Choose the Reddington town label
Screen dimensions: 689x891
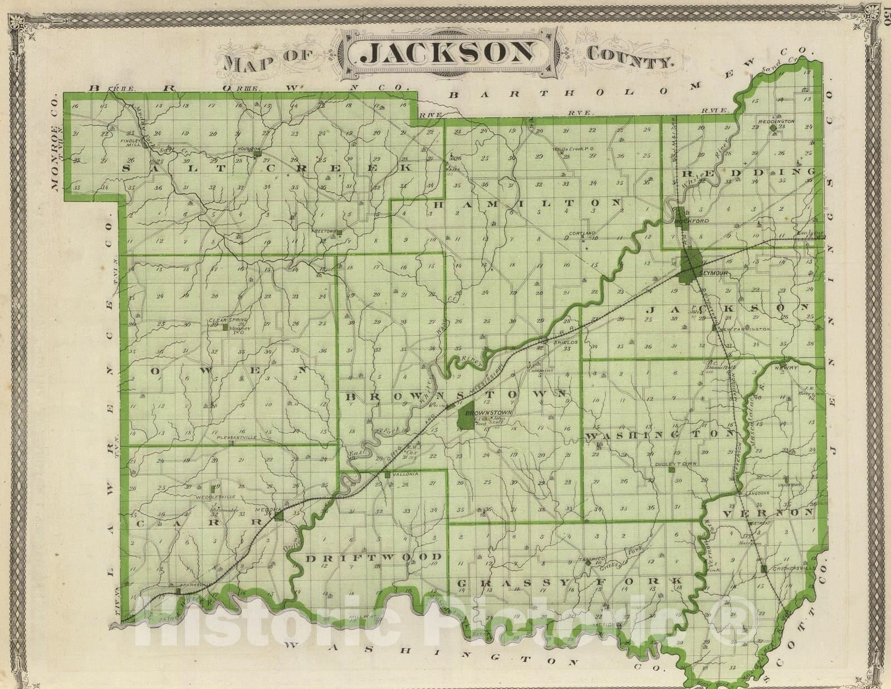click(x=776, y=121)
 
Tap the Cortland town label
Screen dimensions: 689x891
click(x=582, y=233)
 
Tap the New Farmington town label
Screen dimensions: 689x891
click(x=743, y=329)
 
